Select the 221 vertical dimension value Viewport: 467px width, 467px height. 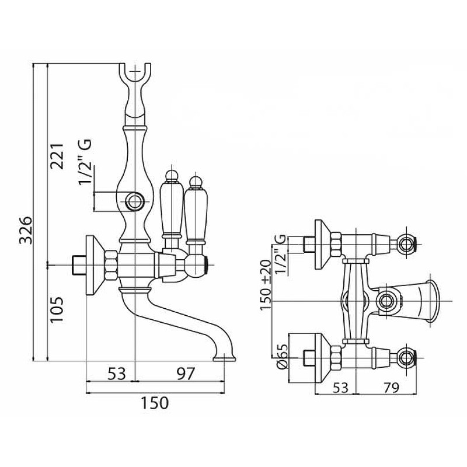pos(57,156)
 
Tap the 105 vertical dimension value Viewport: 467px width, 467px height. pos(57,309)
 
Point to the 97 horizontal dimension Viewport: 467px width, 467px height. pos(186,374)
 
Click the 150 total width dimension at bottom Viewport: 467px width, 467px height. pos(155,403)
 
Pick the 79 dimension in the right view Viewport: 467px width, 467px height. pos(391,388)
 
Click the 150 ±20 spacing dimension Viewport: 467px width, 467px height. pos(266,285)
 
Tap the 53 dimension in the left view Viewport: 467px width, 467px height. pos(117,374)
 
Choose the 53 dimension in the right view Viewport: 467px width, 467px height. pos(340,388)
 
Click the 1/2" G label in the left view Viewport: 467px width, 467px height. pos(85,162)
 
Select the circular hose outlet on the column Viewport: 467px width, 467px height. pos(135,201)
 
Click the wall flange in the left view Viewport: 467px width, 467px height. pos(95,265)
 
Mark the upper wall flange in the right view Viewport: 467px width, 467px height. pos(322,245)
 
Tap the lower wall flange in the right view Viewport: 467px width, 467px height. pos(322,358)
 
